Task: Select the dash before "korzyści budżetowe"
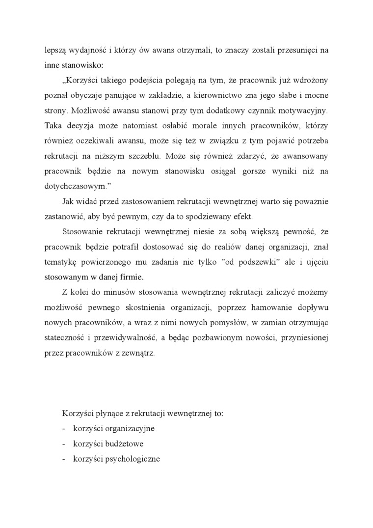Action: [64, 444]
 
